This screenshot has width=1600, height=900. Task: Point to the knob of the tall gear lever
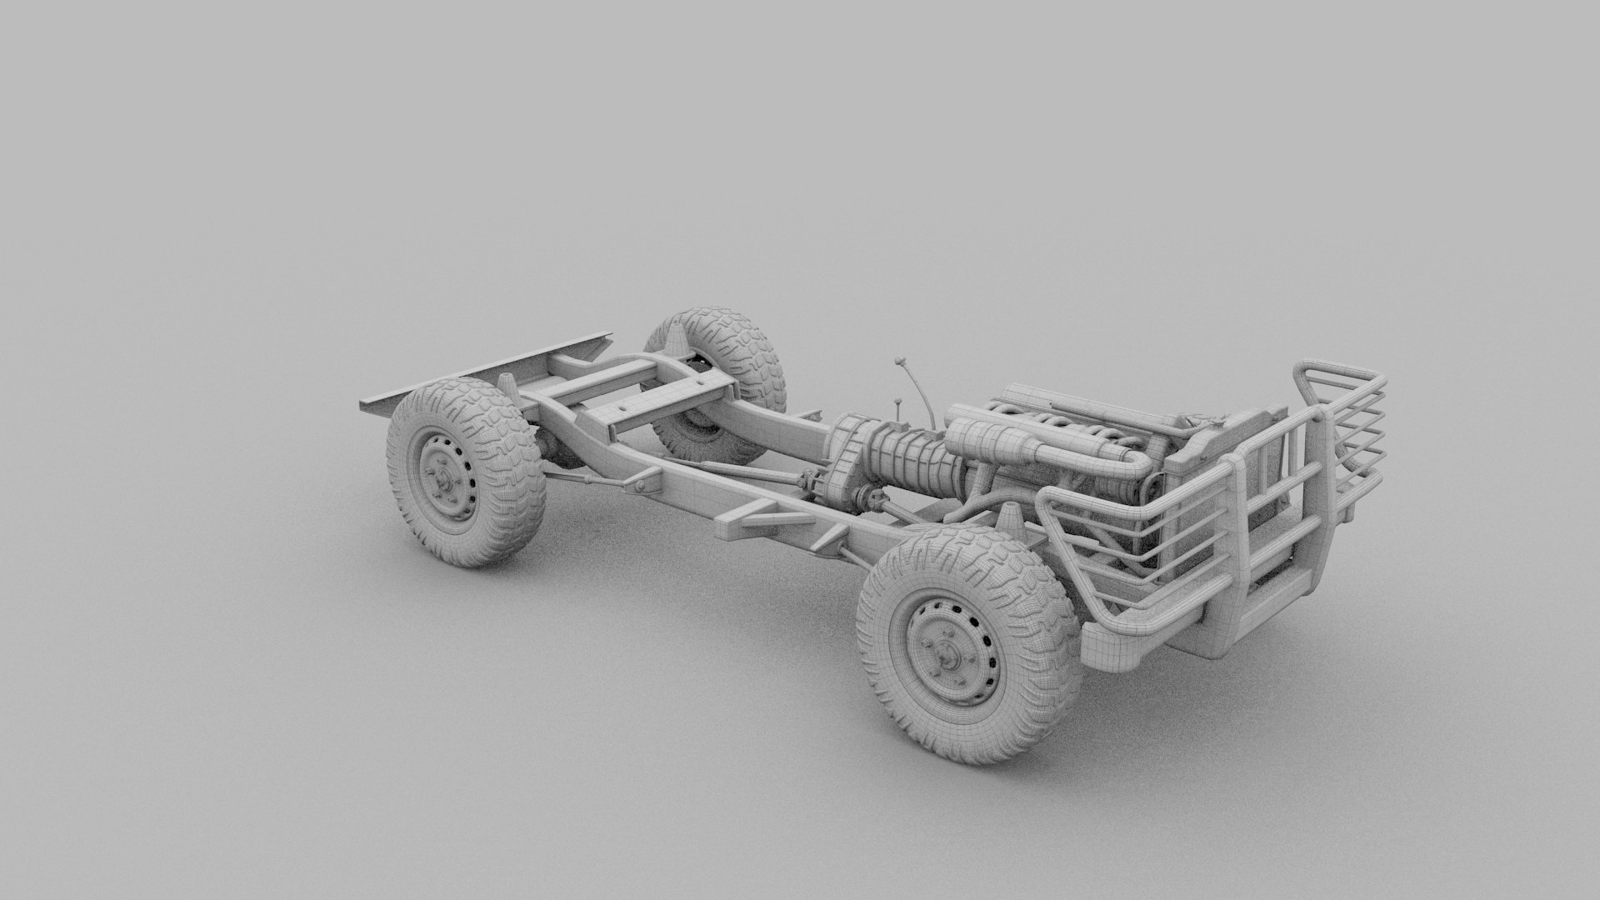[x=900, y=362]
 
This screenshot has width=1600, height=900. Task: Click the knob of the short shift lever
[x=898, y=403]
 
